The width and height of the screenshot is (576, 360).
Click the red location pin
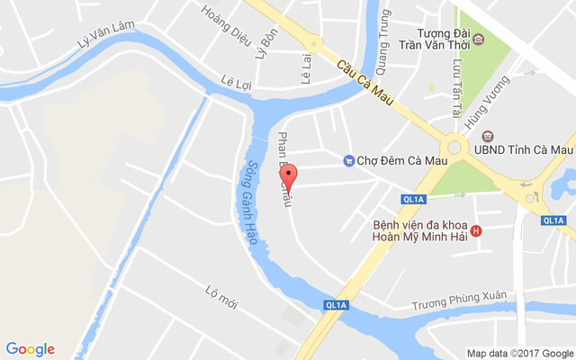[x=288, y=175]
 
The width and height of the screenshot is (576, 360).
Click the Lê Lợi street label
[x=235, y=84]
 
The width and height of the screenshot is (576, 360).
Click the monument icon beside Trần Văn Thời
[x=478, y=39]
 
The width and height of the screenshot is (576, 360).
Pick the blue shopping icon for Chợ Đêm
[x=348, y=161]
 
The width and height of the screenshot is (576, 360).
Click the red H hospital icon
[x=476, y=230]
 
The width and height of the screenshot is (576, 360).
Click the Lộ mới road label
[x=220, y=296]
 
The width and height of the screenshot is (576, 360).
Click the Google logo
[x=30, y=349]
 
